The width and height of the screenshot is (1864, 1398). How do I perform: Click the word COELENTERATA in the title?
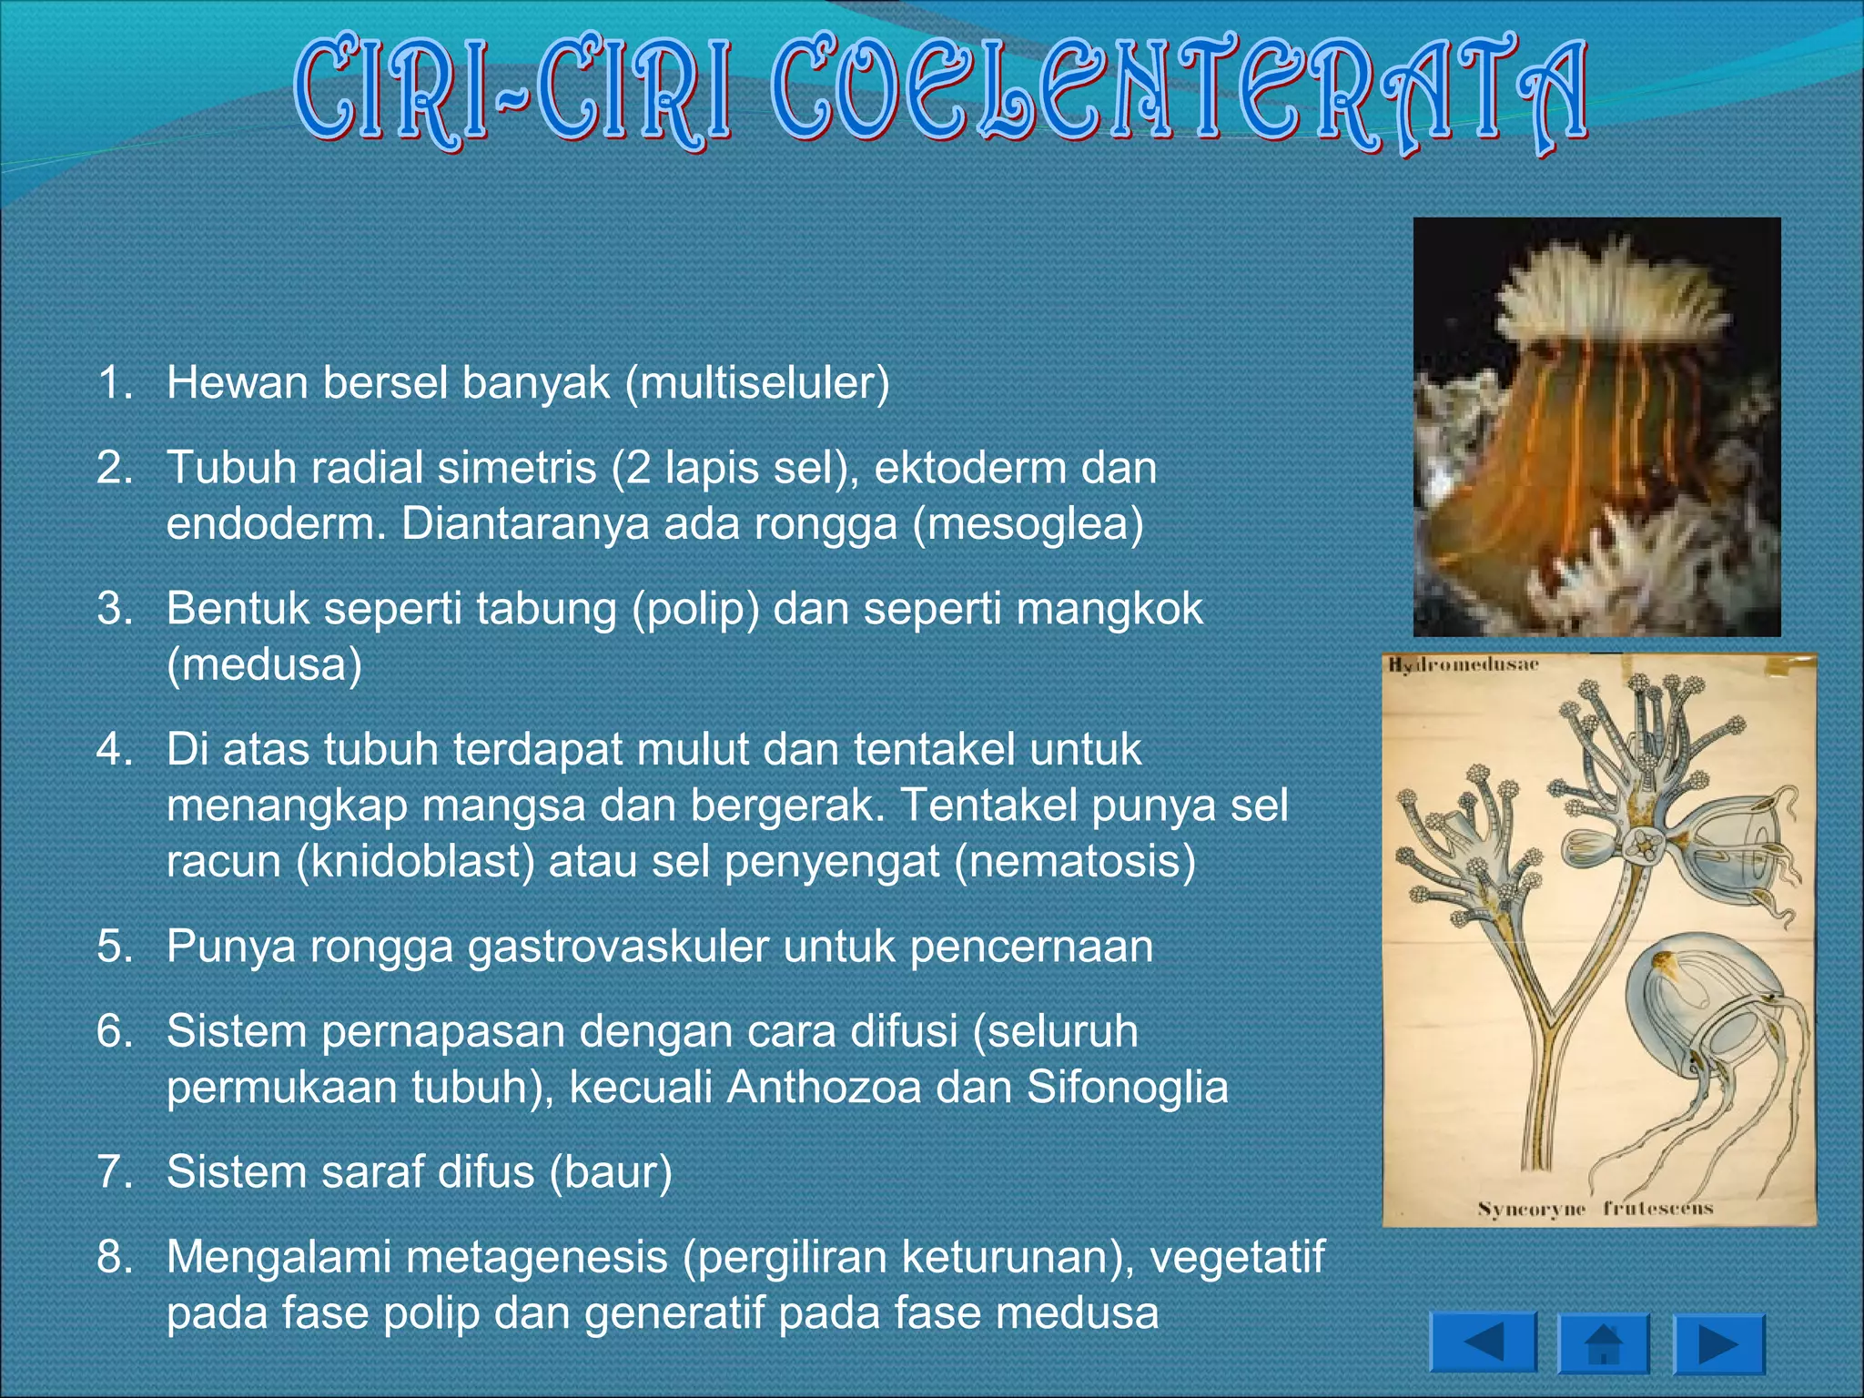[1179, 96]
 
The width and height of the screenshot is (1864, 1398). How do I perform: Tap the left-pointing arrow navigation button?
[1483, 1342]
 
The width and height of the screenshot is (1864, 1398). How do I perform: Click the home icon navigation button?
[1604, 1343]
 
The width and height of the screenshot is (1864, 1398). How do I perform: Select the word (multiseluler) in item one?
[756, 382]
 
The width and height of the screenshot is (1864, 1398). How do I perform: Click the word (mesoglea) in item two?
[1028, 524]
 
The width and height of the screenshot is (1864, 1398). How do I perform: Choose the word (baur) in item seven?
[611, 1172]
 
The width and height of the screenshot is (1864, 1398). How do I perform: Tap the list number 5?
[115, 947]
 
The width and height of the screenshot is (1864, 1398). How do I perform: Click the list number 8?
[115, 1257]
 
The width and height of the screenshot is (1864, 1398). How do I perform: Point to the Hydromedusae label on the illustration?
[1463, 665]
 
